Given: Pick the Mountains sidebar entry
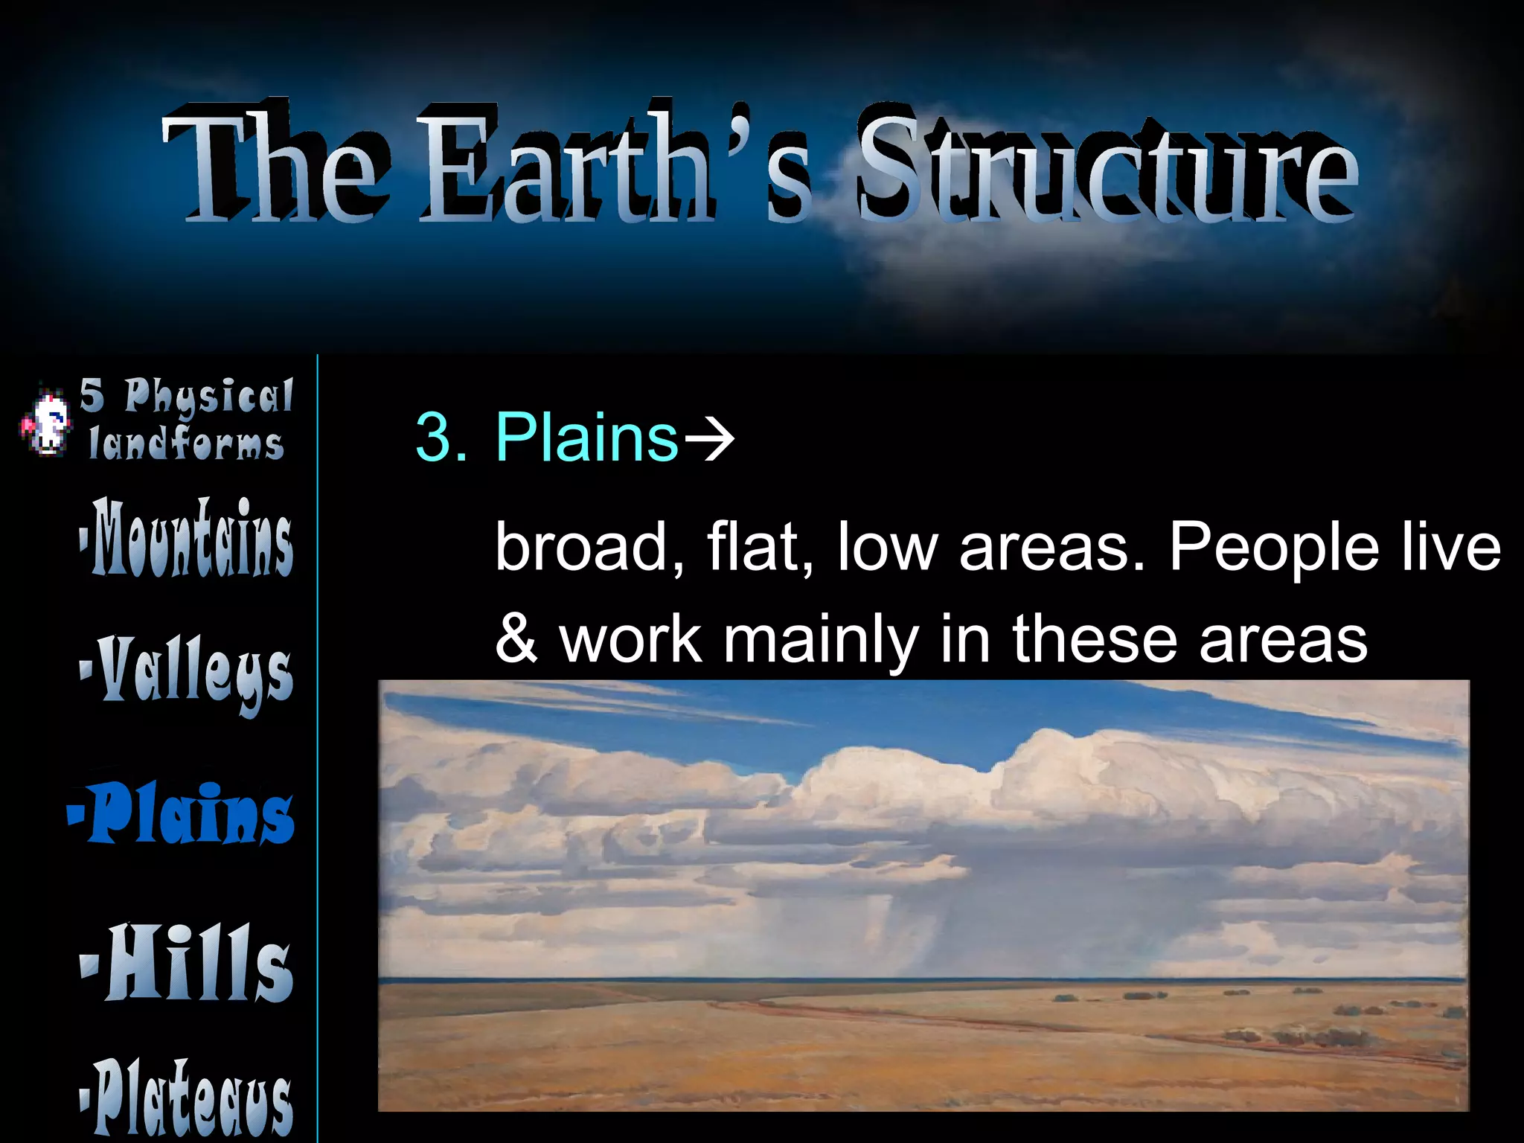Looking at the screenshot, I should point(188,537).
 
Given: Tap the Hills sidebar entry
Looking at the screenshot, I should point(188,964).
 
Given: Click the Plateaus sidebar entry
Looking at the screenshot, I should point(188,1098).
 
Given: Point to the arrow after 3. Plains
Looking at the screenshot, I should point(709,439).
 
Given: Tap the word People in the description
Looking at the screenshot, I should point(1273,547).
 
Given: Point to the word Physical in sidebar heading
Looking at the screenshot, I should point(208,395).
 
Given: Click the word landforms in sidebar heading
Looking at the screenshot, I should point(186,444).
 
